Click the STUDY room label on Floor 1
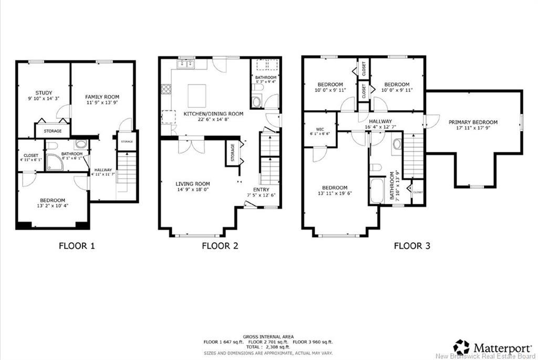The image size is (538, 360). (44, 92)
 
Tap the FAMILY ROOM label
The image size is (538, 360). (102, 97)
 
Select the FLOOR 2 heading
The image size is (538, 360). (220, 245)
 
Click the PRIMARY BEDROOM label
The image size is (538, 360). (473, 122)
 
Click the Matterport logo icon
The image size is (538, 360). (461, 347)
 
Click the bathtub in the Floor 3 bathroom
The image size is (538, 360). (377, 191)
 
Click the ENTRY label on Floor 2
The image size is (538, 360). (261, 190)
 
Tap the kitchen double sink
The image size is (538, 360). (186, 65)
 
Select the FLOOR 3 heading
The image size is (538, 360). (412, 245)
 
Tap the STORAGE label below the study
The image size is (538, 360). (53, 131)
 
